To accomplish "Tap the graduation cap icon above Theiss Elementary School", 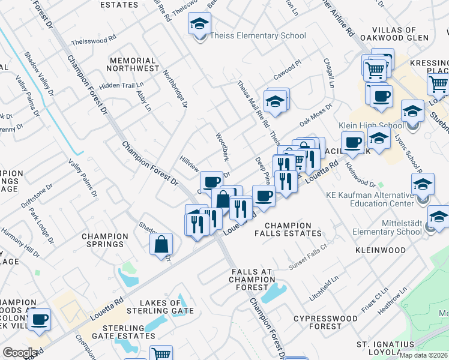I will [199, 25].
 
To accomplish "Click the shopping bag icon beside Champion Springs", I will [161, 244].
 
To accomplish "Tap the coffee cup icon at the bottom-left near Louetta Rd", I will [40, 319].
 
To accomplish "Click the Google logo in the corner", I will [20, 353].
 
